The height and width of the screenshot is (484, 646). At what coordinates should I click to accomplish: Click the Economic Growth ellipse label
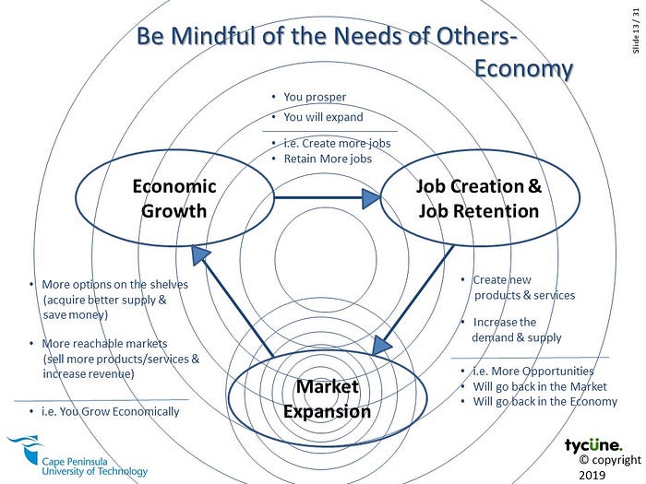tap(174, 198)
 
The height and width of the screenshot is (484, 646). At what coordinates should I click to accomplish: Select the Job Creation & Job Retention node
tap(478, 198)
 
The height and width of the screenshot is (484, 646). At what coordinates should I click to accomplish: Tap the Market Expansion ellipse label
tap(327, 398)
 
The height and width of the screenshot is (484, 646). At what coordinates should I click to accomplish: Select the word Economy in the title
tap(523, 69)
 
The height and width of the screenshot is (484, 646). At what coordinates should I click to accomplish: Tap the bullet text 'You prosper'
tap(315, 97)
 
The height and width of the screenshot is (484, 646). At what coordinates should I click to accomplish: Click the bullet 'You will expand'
tap(323, 117)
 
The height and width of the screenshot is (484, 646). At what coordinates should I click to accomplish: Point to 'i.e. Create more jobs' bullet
tap(337, 144)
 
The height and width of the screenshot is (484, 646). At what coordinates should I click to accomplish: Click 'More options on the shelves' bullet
tap(114, 285)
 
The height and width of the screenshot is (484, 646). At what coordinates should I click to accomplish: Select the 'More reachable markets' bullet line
tap(109, 343)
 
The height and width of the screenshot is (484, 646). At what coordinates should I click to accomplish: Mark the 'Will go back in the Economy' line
tap(544, 401)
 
